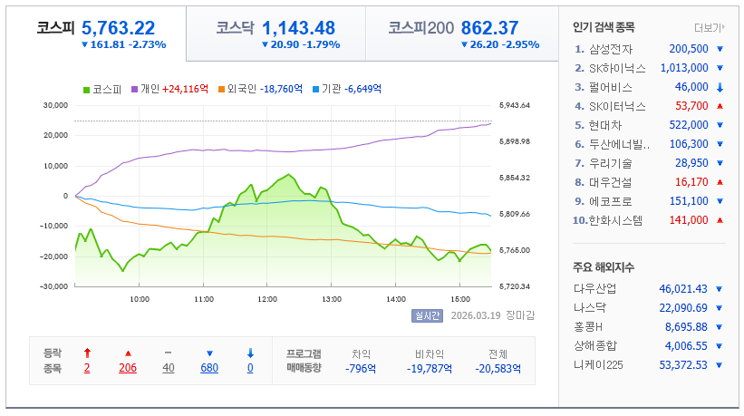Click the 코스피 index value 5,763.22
(118, 27)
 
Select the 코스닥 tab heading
(233, 28)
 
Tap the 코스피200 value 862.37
(502, 28)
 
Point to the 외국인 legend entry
(241, 89)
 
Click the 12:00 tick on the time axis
(268, 298)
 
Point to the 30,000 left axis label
(54, 105)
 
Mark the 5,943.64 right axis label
(514, 105)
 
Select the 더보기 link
(709, 27)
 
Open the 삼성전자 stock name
(611, 49)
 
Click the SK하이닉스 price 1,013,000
(683, 68)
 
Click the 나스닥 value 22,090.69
(682, 308)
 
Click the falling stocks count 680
(210, 368)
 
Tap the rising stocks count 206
(128, 368)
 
